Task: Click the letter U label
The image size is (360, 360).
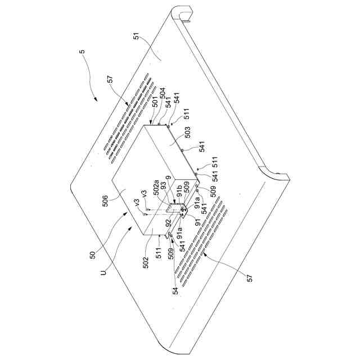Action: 103,272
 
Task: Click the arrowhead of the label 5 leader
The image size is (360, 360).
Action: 96,100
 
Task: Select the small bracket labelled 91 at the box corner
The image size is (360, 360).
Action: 184,212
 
